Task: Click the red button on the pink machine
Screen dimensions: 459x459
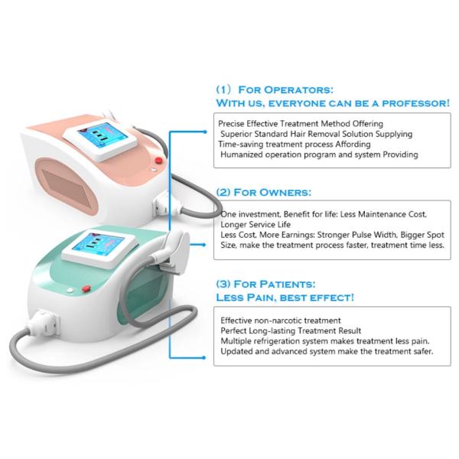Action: [x=158, y=161]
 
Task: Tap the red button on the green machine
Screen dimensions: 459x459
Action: [x=86, y=289]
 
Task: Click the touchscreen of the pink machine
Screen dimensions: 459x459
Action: [x=103, y=135]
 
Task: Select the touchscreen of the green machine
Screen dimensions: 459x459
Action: [x=98, y=245]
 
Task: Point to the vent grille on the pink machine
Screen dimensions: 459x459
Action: [x=67, y=187]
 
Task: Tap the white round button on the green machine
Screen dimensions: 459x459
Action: [x=70, y=291]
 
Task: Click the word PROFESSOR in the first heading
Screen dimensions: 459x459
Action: [x=415, y=103]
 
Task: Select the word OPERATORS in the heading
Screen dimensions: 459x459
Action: [x=298, y=90]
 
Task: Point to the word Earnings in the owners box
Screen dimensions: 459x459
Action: [x=295, y=235]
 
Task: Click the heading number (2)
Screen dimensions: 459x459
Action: [x=223, y=193]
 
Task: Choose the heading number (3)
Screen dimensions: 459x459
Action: [x=223, y=285]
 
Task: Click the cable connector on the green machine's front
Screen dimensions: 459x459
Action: [x=44, y=322]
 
